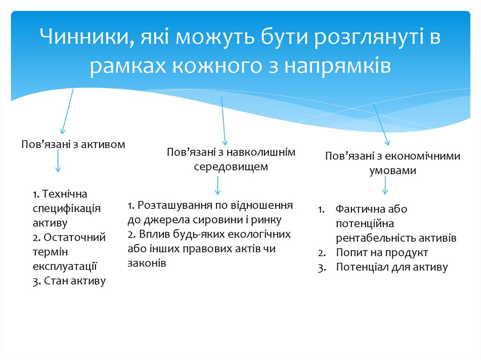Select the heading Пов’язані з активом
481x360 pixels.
tap(73, 144)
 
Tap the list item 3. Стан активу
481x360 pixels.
tap(69, 281)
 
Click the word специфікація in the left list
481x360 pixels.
tap(67, 208)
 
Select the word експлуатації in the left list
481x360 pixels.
tap(65, 266)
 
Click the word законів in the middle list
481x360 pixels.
tap(146, 263)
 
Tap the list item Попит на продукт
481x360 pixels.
tap(382, 253)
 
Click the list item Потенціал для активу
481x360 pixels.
tap(392, 267)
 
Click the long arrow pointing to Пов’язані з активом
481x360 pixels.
tap(67, 112)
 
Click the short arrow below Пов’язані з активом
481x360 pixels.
tap(57, 162)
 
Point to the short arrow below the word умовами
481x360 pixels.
tap(385, 186)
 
